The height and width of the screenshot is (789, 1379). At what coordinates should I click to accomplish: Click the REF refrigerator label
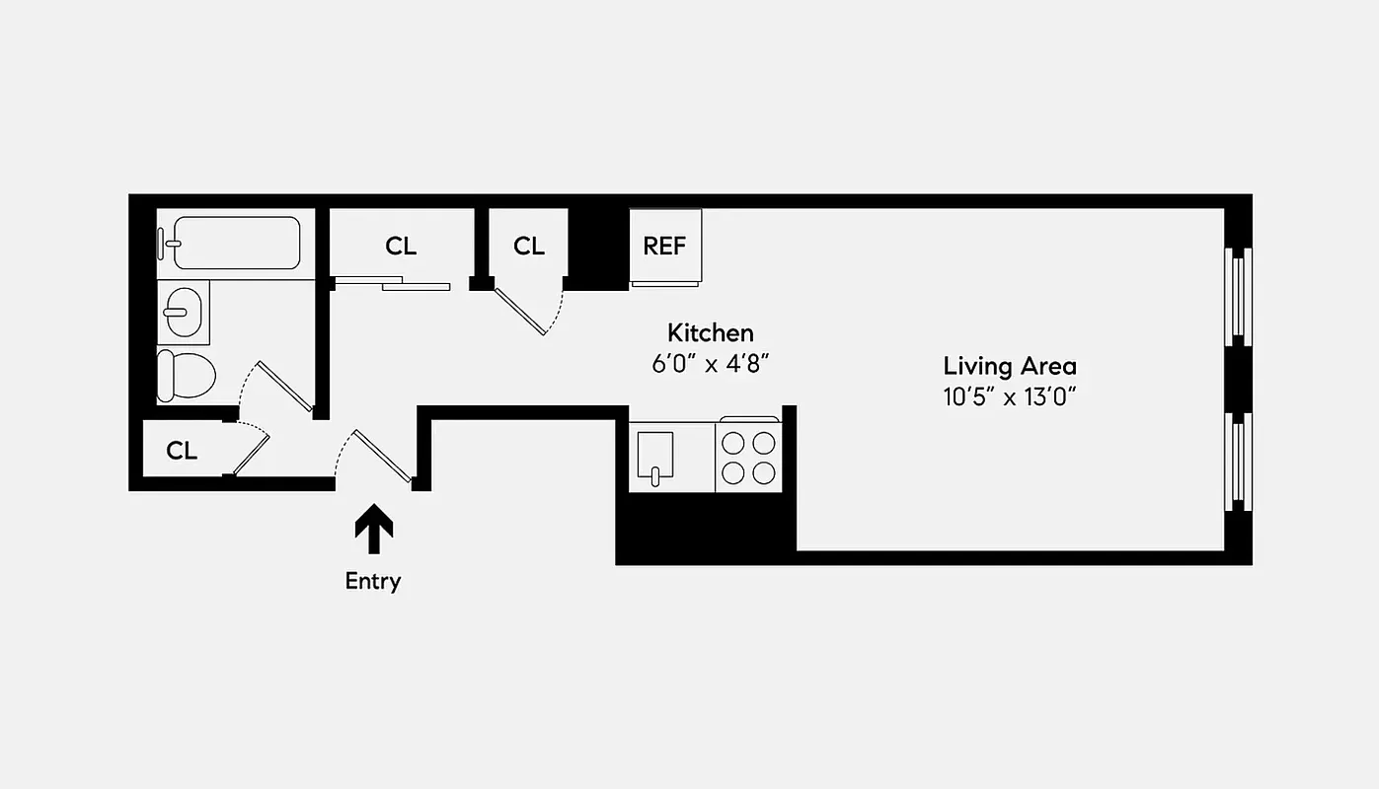coord(664,246)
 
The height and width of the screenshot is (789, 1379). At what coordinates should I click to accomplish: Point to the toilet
coord(187,375)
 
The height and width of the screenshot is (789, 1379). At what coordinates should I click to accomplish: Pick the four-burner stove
coord(748,457)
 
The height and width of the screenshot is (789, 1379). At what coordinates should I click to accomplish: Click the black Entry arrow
coord(373,531)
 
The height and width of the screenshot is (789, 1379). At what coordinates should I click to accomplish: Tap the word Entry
coord(373,581)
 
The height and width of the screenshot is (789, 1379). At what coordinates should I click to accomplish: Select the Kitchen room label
coord(710,332)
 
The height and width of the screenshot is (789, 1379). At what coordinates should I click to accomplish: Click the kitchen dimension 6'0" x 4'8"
coord(710,362)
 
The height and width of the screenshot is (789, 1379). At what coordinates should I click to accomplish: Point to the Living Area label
coord(1009,367)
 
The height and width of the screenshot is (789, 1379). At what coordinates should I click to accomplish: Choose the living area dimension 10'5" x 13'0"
coord(1009,396)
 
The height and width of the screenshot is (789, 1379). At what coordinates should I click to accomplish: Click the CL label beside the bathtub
coord(401,246)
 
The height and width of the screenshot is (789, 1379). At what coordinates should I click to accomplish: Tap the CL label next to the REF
coord(529,246)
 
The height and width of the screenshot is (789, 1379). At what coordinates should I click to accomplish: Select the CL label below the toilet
coord(182,451)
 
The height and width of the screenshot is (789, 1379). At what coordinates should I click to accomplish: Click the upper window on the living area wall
coord(1238,296)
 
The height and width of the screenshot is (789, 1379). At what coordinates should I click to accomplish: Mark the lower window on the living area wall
coord(1238,462)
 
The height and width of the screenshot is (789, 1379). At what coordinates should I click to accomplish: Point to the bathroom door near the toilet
coord(284,387)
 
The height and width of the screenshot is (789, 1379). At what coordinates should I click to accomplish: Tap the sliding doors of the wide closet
coord(392,284)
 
